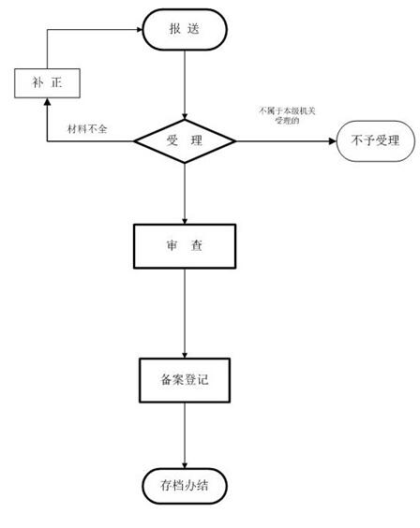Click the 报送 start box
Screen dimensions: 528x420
coord(184,29)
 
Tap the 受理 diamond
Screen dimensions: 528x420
coord(185,141)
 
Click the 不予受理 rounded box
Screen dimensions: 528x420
coord(375,141)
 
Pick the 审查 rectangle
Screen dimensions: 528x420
coord(185,245)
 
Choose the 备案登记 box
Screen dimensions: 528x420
coord(185,380)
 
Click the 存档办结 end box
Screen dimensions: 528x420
coord(185,486)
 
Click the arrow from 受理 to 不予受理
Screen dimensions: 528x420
coord(286,141)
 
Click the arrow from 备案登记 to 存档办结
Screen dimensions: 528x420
coord(185,433)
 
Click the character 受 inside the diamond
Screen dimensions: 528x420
coord(172,141)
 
